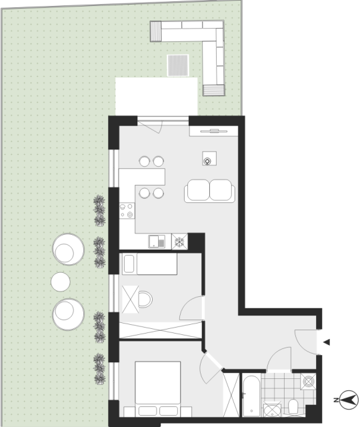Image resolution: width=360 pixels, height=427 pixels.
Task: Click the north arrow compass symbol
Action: (349, 400)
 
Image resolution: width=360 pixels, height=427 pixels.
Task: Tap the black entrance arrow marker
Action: (327, 342)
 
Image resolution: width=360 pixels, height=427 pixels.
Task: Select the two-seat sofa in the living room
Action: (209, 191)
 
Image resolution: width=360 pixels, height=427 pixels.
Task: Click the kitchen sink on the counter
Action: (157, 242)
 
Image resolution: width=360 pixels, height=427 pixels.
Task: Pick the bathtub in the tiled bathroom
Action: (251, 396)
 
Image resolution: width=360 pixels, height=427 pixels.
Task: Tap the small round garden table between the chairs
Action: (61, 282)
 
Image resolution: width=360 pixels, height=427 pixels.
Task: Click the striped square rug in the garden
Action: (178, 65)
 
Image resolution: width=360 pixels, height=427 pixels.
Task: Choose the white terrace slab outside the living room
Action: (156, 96)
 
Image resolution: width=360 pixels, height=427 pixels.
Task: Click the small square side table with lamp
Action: (209, 159)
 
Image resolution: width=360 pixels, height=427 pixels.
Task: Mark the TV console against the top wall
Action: (214, 131)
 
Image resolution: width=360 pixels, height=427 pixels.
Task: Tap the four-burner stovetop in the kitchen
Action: (127, 211)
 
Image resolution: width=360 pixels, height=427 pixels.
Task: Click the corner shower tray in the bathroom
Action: (272, 410)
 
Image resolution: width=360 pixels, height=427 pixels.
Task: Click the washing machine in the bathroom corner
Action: (308, 381)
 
